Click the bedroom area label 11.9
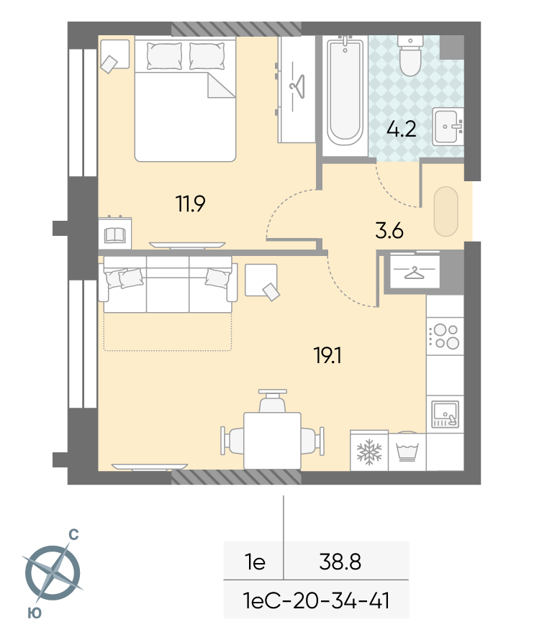click(x=190, y=204)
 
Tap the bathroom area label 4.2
click(x=401, y=129)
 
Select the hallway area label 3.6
click(x=389, y=231)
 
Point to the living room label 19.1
click(x=327, y=355)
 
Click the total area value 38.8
click(x=340, y=562)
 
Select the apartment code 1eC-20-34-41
click(x=316, y=600)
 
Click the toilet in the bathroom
click(x=410, y=56)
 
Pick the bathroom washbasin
click(x=448, y=126)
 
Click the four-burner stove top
click(x=445, y=337)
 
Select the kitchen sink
click(x=446, y=414)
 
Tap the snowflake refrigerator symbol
click(x=369, y=452)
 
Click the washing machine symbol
click(x=407, y=452)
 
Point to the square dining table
click(x=272, y=441)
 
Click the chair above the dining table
click(x=273, y=401)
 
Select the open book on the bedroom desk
click(x=114, y=235)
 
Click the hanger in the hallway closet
click(x=414, y=273)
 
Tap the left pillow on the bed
click(x=164, y=56)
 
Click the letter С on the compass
click(x=73, y=534)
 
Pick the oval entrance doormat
click(x=446, y=211)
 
